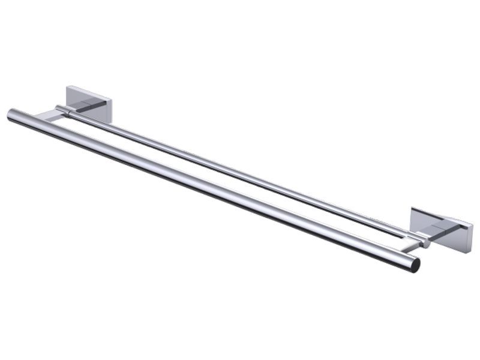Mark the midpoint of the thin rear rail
point(240,174)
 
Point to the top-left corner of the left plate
point(67,88)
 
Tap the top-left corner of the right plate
point(412,208)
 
